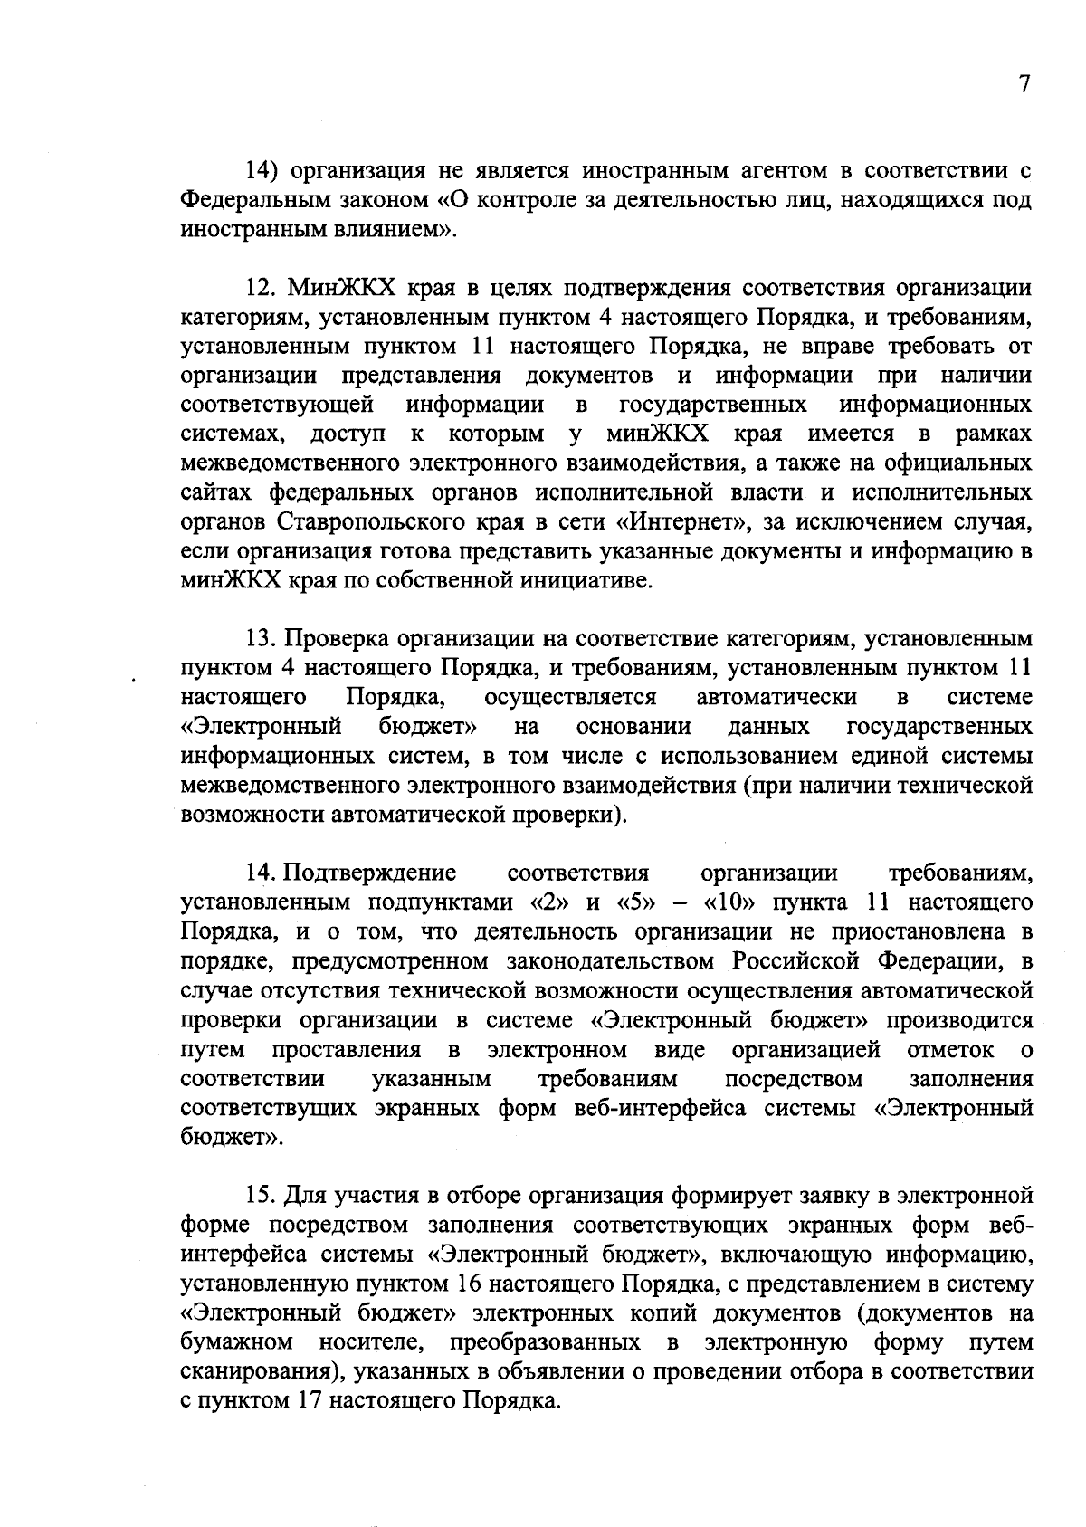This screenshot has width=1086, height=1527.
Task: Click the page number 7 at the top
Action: click(x=1024, y=84)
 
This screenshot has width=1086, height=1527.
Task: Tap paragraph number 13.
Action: click(x=262, y=639)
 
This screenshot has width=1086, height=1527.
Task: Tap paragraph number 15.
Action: click(x=262, y=1196)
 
